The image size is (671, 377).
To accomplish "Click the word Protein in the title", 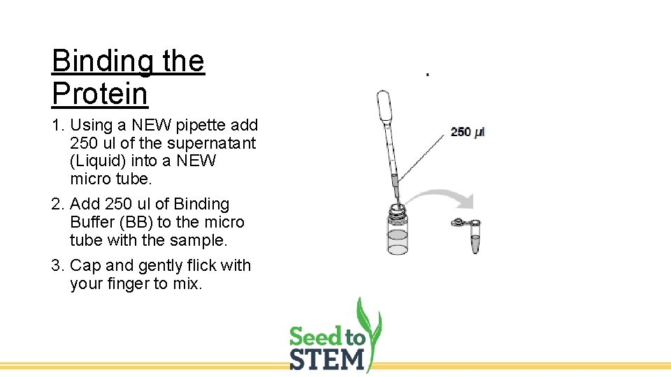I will pyautogui.click(x=99, y=94).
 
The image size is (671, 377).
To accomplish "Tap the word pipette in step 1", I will pyautogui.click(x=203, y=126).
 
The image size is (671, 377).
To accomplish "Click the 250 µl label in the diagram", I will pyautogui.click(x=467, y=131).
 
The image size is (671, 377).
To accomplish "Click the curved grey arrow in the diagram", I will pyautogui.click(x=440, y=197).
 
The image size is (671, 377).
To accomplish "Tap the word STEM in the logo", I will pyautogui.click(x=327, y=358).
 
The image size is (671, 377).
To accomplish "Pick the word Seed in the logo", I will pyautogui.click(x=316, y=337).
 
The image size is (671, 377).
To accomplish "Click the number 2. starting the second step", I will pyautogui.click(x=58, y=205).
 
